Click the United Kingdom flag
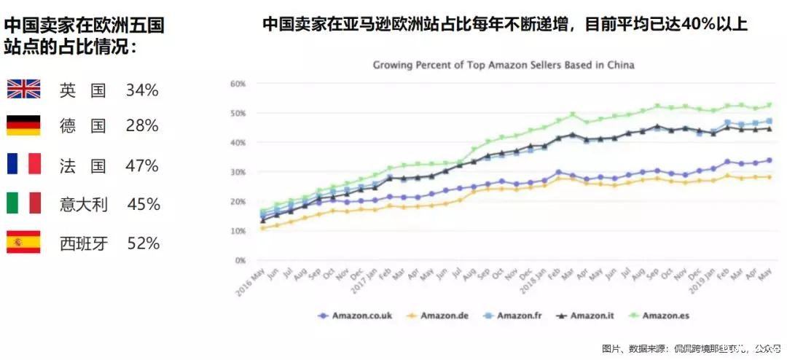(x=23, y=90)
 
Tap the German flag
(x=23, y=125)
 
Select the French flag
(x=23, y=164)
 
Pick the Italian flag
(x=23, y=203)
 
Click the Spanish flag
(x=23, y=242)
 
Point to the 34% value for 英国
(x=142, y=90)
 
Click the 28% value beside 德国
(x=142, y=126)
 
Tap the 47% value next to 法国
(x=142, y=165)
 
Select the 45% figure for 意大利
(x=144, y=204)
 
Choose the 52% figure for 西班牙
(x=144, y=243)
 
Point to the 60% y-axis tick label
(x=238, y=84)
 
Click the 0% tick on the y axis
(x=240, y=260)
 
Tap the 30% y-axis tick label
(x=238, y=172)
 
